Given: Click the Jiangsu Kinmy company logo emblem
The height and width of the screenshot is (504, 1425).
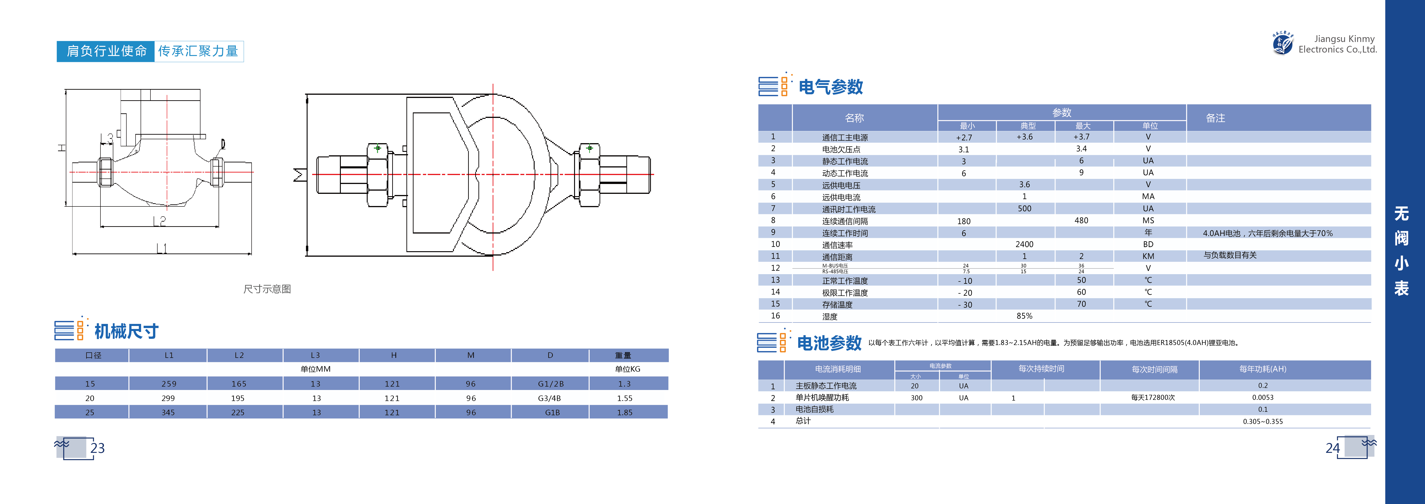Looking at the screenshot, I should (x=1282, y=43).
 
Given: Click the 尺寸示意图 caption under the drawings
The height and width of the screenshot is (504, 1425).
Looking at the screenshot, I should (x=267, y=289).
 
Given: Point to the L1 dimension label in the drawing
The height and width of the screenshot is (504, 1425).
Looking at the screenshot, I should (x=161, y=248).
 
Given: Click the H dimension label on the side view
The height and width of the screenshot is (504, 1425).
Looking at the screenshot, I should (x=62, y=148).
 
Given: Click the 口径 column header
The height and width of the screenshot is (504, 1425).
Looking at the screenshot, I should (x=93, y=355).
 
